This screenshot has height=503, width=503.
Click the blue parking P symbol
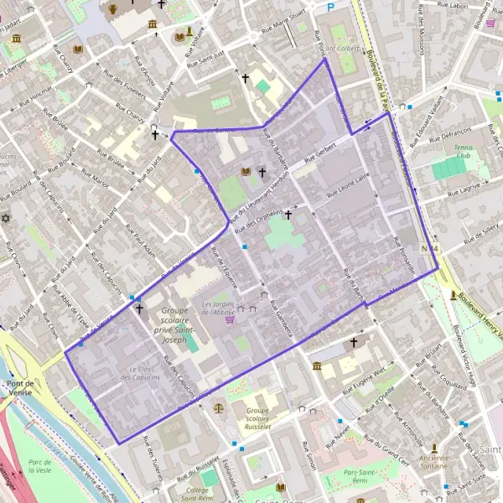point(331,6)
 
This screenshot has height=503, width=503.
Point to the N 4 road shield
point(431,248)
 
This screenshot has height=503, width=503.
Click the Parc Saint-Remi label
point(367,477)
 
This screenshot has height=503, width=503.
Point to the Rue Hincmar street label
point(39,95)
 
